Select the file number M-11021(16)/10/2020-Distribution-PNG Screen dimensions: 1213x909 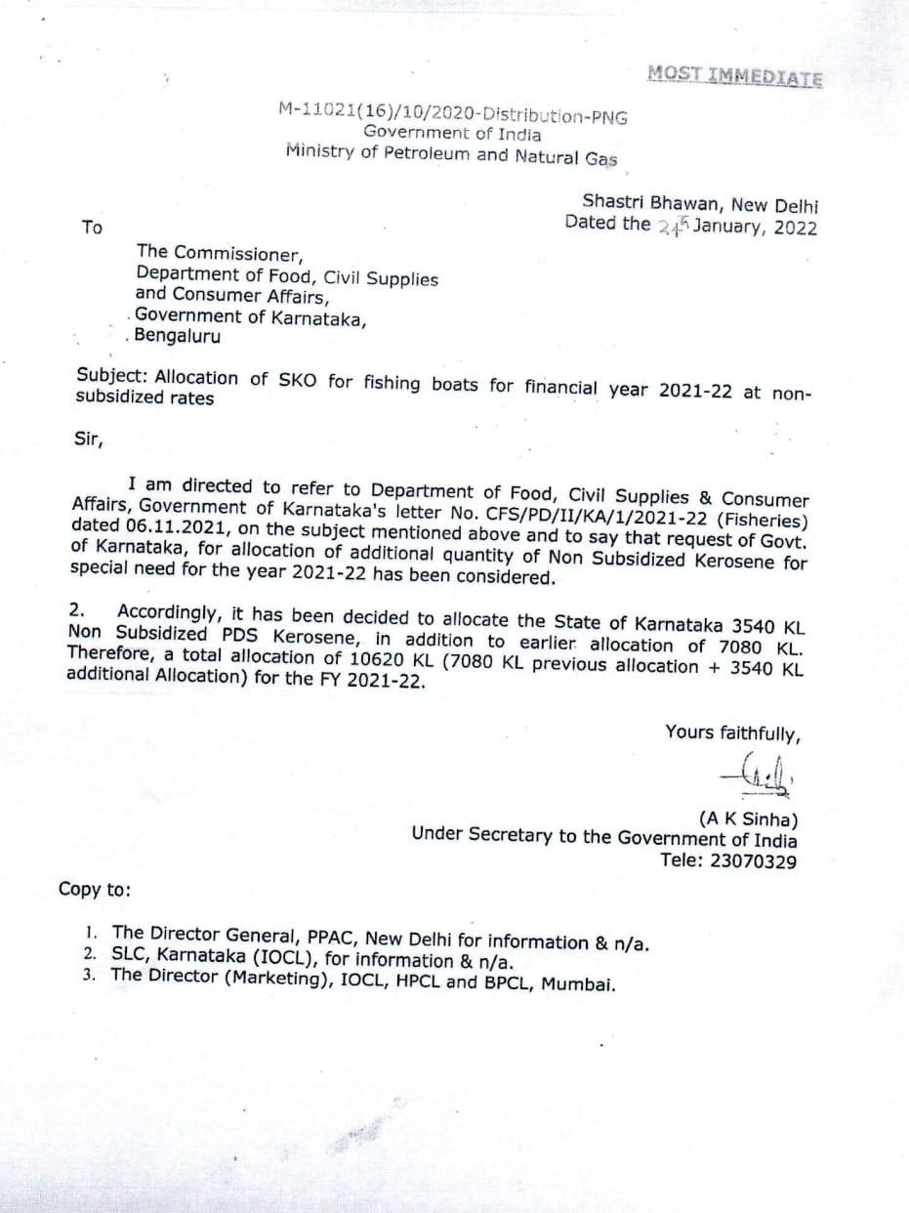[453, 114]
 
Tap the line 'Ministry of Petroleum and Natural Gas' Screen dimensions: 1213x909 [451, 154]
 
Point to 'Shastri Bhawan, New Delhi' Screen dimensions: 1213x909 [700, 204]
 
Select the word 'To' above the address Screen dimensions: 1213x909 [92, 227]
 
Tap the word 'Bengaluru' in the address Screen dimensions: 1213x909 [177, 337]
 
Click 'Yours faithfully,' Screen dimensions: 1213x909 [732, 732]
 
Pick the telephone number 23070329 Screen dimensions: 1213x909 [753, 861]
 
